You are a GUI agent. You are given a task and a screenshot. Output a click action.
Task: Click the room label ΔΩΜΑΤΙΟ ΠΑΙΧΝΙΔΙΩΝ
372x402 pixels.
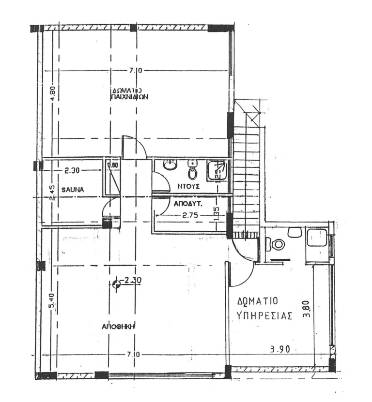click(x=129, y=93)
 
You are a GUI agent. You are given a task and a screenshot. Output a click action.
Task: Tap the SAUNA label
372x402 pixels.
click(x=73, y=190)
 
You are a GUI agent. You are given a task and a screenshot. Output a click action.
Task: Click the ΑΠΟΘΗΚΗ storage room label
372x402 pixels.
click(x=118, y=327)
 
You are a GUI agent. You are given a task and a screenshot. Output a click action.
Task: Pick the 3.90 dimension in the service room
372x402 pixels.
click(x=279, y=349)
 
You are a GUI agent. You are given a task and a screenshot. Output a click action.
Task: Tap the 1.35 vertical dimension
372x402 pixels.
click(x=217, y=214)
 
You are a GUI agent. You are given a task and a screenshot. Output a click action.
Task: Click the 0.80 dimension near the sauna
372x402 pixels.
click(x=112, y=164)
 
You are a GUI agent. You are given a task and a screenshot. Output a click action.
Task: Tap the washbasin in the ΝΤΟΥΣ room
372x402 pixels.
click(x=170, y=166)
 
